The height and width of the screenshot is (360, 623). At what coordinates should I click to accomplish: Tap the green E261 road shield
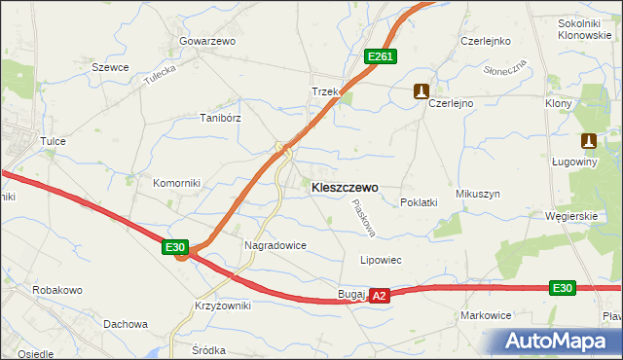[x=380, y=57]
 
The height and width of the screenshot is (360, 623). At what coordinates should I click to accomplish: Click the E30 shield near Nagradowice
[x=175, y=248]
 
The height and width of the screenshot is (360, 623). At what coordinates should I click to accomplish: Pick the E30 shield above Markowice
[x=562, y=288]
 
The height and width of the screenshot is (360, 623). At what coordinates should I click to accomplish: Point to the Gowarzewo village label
[x=207, y=42]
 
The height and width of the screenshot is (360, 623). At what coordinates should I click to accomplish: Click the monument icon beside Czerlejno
[x=421, y=91]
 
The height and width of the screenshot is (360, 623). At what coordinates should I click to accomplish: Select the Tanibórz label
[x=220, y=117]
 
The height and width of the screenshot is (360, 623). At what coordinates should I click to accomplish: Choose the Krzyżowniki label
[x=222, y=306]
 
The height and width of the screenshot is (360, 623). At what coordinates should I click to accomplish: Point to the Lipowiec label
[x=382, y=261]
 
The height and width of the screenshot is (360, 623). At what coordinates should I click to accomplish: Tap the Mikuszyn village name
[x=477, y=194]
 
